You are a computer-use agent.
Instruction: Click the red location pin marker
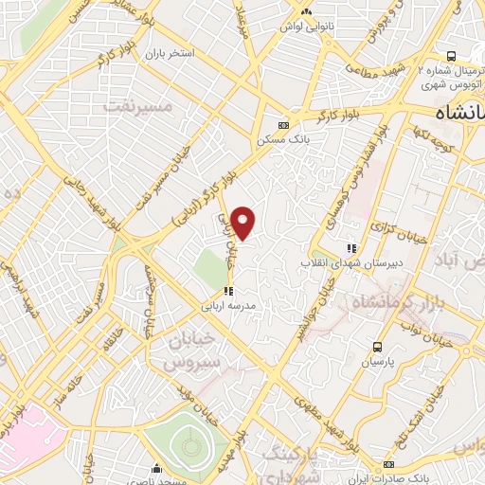click(x=243, y=222)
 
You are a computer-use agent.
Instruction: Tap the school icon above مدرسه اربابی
click(x=227, y=291)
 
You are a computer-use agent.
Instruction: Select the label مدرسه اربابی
click(x=227, y=306)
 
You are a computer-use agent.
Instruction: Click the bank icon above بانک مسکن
click(x=282, y=125)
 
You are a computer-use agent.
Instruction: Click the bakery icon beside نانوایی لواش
click(x=305, y=11)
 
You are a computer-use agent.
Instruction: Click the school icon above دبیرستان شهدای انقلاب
click(x=351, y=246)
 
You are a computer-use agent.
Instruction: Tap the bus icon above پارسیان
click(x=378, y=347)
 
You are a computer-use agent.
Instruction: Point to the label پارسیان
click(x=378, y=362)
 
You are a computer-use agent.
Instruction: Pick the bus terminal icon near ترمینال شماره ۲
click(x=450, y=56)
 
